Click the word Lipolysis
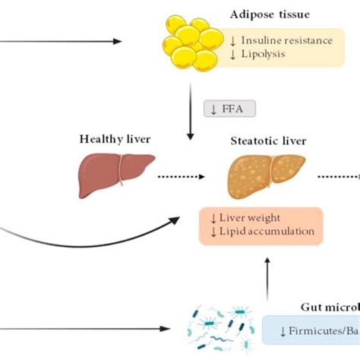(x=266, y=55)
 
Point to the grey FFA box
(x=229, y=109)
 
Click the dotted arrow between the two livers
(x=183, y=178)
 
